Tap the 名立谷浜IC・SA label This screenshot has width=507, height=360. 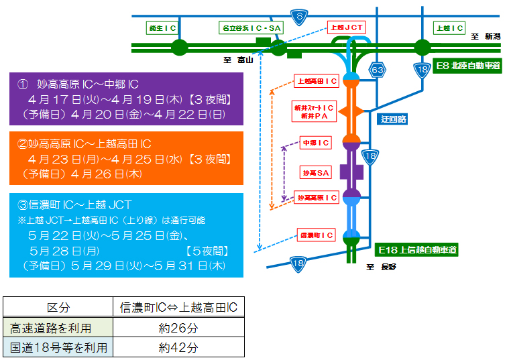[x=251, y=28]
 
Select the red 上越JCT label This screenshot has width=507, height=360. [x=347, y=27]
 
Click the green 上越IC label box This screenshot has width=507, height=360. [x=449, y=28]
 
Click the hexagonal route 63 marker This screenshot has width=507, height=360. [x=378, y=69]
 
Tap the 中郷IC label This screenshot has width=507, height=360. [x=316, y=143]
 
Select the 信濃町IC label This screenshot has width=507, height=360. [x=316, y=235]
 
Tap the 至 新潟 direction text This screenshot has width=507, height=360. [x=485, y=37]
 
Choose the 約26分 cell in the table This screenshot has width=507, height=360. [x=178, y=328]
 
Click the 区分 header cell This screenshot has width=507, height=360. [x=58, y=308]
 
